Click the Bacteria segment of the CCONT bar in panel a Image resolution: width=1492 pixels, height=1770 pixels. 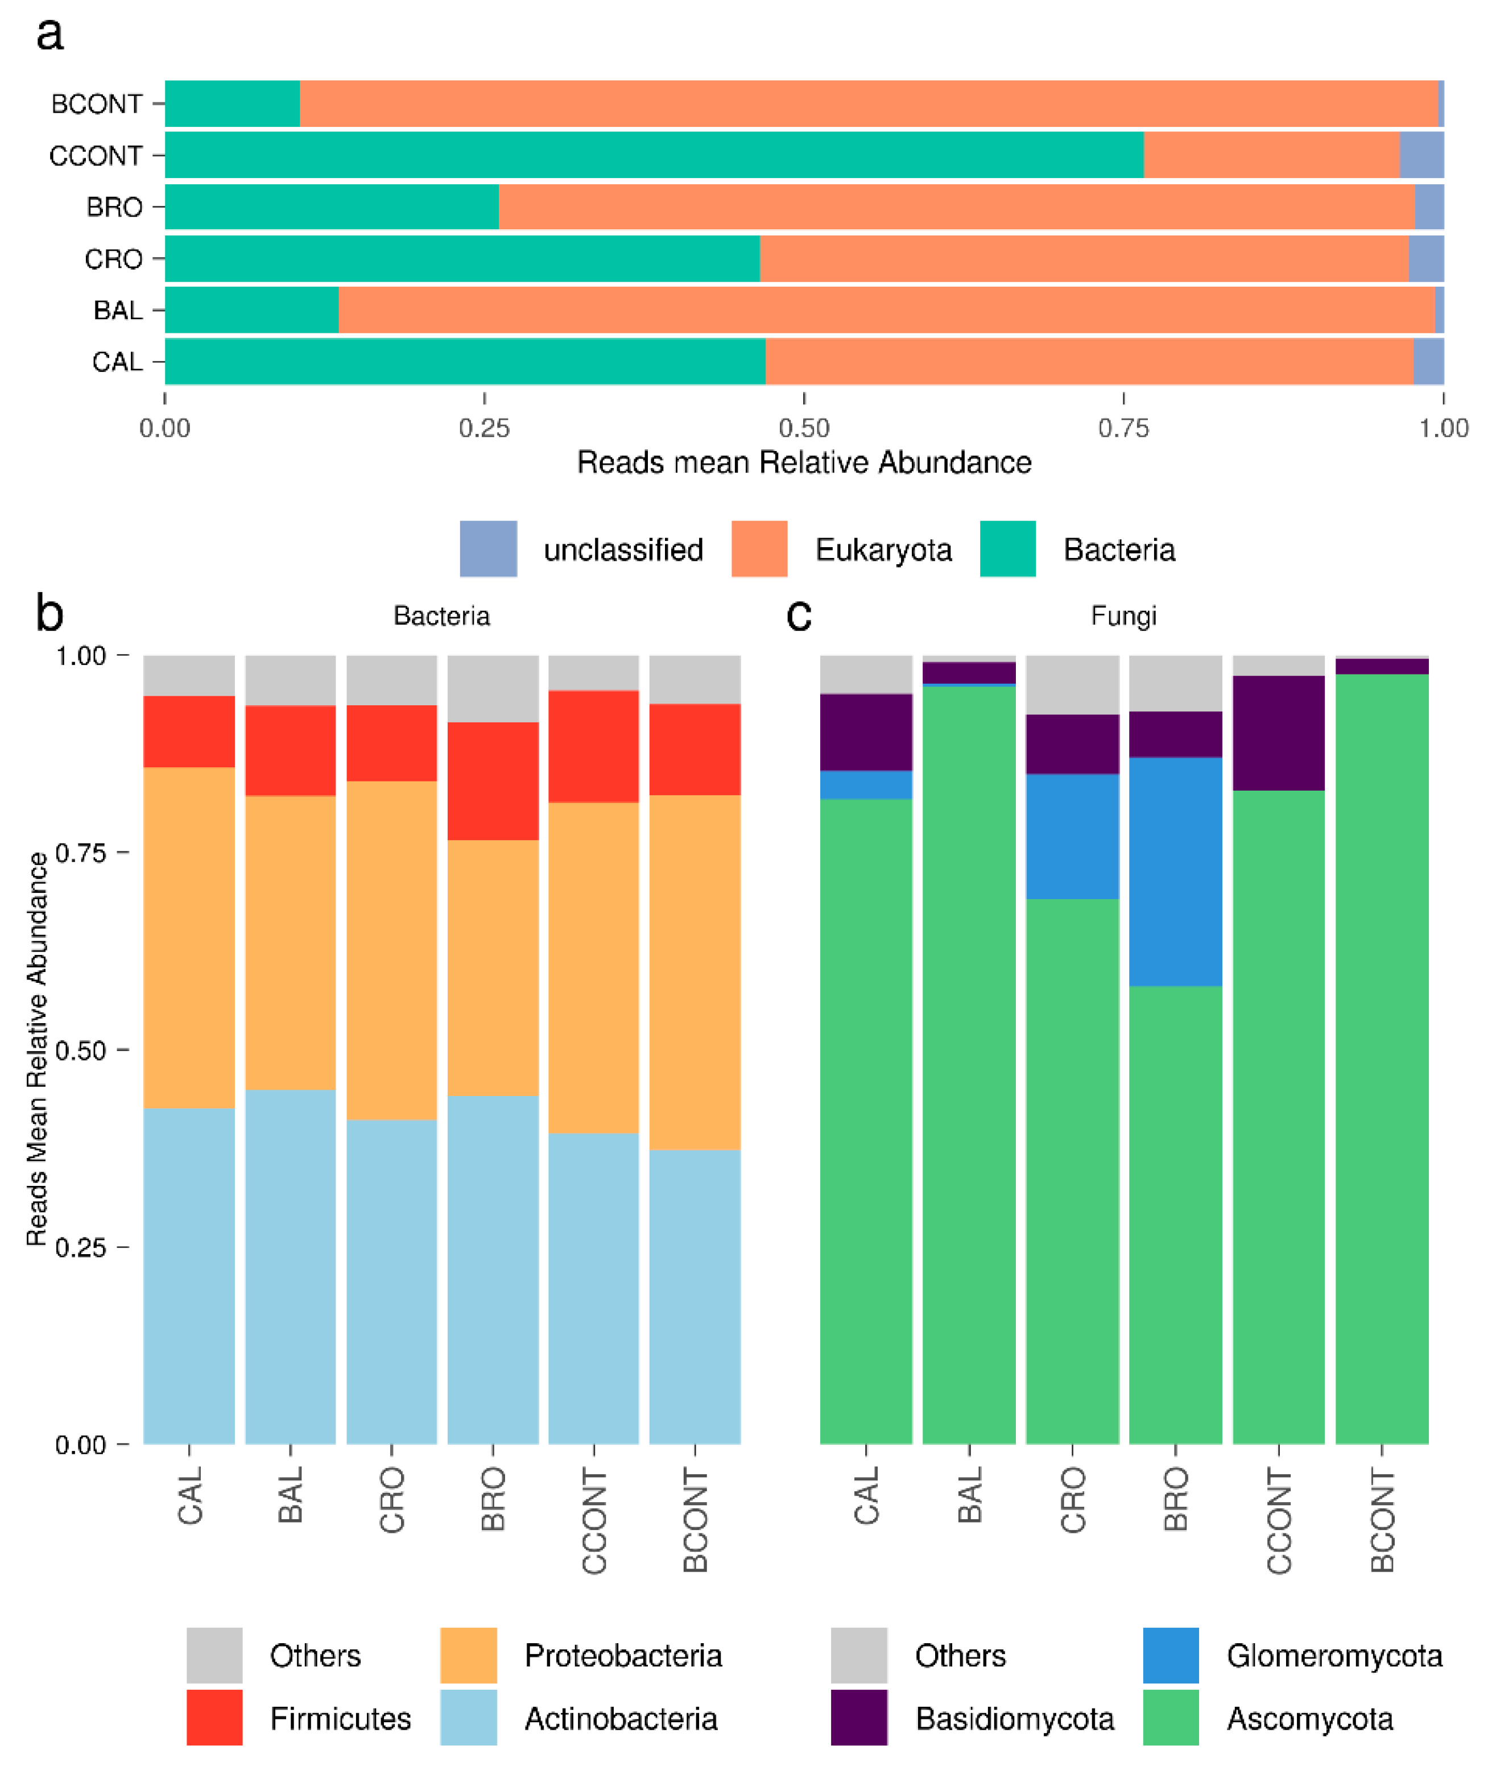(653, 155)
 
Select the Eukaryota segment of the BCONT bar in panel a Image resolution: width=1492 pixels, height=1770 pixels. (869, 103)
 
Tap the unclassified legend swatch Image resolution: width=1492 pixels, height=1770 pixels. (488, 549)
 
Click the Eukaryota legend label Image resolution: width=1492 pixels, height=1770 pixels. (883, 549)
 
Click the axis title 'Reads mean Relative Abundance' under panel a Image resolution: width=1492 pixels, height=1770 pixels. (804, 462)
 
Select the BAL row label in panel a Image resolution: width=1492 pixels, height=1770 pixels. (118, 311)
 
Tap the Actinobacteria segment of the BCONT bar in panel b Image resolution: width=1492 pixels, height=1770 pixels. (695, 1296)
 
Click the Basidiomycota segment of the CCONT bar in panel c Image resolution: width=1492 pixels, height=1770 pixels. (1278, 733)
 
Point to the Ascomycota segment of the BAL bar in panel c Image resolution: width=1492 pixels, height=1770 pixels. (969, 1065)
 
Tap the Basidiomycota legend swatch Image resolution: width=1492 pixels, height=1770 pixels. (858, 1718)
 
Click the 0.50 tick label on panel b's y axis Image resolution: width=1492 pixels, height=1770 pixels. (80, 1051)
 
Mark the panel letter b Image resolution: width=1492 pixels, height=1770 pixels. (49, 613)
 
